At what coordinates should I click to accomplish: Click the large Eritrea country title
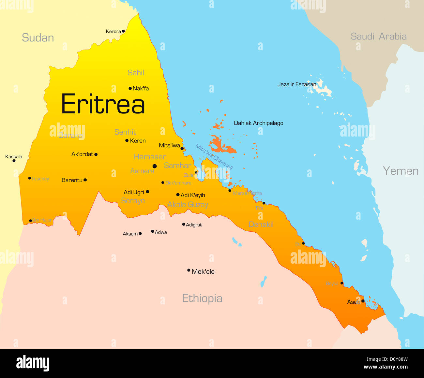click(103, 104)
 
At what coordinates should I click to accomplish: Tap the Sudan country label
click(38, 38)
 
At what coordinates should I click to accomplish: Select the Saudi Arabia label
click(378, 36)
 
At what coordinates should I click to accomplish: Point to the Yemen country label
click(401, 171)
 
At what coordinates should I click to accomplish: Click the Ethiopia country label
click(202, 298)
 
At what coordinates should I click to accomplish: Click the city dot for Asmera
click(155, 166)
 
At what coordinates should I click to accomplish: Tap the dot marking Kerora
click(123, 31)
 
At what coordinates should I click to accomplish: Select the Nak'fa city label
click(141, 88)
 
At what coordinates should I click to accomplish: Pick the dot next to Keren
click(127, 140)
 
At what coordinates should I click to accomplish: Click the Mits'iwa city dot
click(182, 148)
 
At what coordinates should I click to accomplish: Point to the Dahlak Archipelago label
click(258, 123)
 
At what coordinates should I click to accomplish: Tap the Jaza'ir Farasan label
click(296, 84)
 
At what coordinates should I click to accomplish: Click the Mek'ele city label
click(203, 271)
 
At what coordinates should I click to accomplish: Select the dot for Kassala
click(14, 161)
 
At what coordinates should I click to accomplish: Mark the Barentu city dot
click(85, 180)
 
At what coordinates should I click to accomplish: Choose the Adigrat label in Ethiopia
click(194, 225)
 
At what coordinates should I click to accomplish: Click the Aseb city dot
click(363, 301)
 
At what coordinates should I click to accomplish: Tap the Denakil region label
click(261, 224)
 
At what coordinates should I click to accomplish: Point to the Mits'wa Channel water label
click(214, 157)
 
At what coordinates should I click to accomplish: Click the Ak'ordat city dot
click(96, 154)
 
